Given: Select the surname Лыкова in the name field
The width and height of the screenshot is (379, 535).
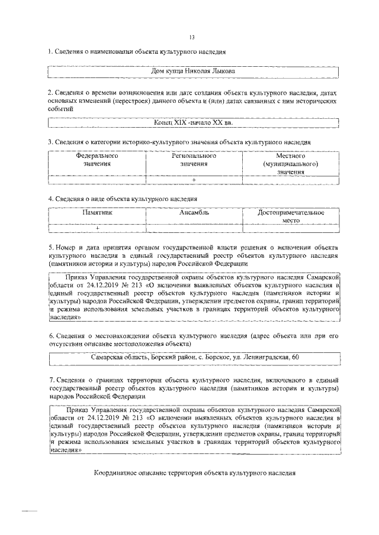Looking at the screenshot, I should point(221,72).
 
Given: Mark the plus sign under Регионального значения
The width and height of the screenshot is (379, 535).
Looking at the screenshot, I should point(194,180).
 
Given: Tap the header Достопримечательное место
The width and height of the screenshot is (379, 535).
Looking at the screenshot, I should point(290,216).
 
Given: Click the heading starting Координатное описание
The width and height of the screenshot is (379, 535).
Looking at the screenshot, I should point(194,474).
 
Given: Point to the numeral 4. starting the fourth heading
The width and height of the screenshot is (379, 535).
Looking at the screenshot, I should point(51,199).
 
